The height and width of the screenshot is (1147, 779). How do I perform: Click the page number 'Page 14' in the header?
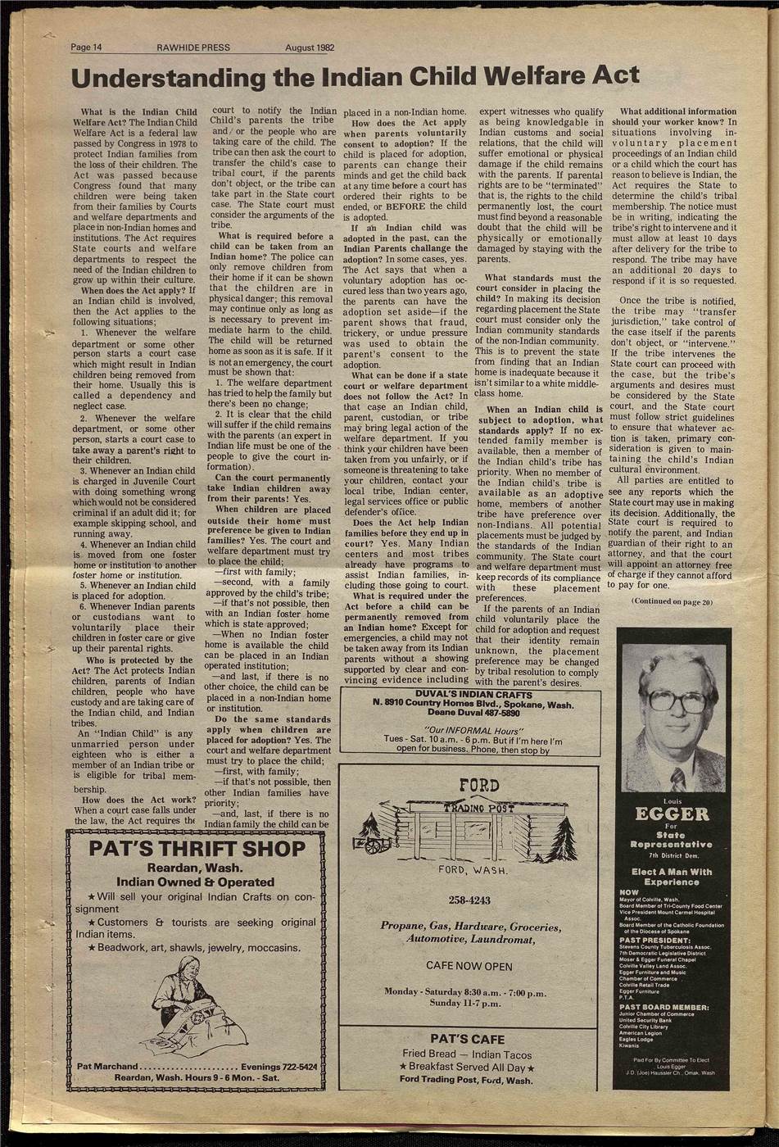pyautogui.click(x=86, y=48)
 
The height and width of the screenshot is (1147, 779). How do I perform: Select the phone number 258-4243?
pyautogui.click(x=470, y=901)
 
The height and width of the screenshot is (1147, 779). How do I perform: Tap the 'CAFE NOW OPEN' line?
pyautogui.click(x=469, y=966)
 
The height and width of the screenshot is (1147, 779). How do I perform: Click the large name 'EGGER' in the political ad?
pyautogui.click(x=673, y=814)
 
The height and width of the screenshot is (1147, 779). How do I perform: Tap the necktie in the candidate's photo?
pyautogui.click(x=677, y=778)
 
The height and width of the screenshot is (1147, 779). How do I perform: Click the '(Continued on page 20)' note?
pyautogui.click(x=673, y=602)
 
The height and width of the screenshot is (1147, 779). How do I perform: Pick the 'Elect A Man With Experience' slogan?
pyautogui.click(x=673, y=877)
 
